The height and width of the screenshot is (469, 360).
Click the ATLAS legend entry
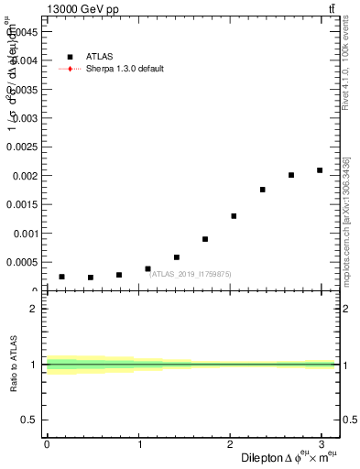98,56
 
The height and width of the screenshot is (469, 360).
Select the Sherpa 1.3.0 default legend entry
125,69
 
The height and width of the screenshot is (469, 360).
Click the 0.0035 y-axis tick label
20,89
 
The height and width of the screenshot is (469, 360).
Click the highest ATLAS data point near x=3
320,170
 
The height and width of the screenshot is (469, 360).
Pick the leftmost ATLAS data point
61,277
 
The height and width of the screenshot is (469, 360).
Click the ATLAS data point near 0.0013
234,216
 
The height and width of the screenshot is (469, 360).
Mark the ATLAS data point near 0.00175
262,190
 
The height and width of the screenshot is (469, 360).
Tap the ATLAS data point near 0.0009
205,239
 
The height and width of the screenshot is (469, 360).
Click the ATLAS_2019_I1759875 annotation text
191,273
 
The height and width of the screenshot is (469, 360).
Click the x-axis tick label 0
47,444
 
